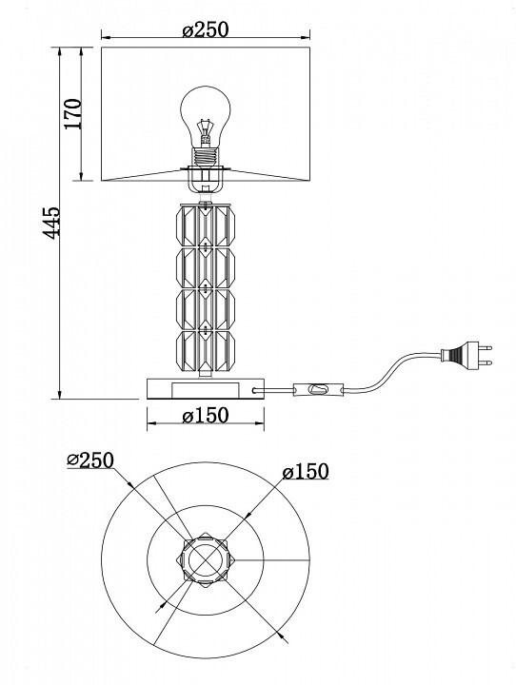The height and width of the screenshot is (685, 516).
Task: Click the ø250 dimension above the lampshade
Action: (206, 29)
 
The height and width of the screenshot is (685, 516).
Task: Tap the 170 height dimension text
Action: (73, 114)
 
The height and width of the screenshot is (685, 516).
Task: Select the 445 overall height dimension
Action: (51, 223)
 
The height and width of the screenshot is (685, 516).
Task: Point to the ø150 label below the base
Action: (206, 416)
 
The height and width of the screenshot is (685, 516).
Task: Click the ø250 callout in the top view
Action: (90, 460)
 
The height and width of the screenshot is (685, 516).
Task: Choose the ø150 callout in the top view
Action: (306, 471)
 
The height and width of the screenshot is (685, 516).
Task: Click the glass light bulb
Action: (206, 117)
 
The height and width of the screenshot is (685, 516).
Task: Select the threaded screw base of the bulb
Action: (206, 157)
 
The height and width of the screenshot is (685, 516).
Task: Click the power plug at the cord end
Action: (466, 354)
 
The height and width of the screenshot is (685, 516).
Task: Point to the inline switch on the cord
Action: (318, 388)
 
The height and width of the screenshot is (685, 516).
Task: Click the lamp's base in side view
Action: (206, 389)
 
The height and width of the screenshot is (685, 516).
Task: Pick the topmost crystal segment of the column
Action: (206, 225)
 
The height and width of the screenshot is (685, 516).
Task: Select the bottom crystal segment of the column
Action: (206, 351)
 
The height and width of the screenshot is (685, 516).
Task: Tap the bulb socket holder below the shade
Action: (205, 180)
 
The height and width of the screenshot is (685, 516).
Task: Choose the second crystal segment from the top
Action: (206, 268)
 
